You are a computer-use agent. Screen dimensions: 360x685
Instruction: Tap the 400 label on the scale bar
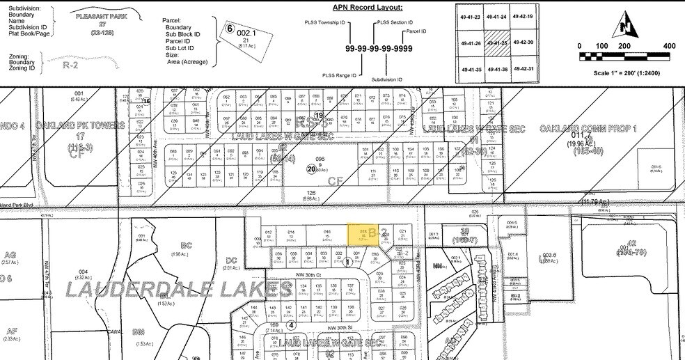[670, 46]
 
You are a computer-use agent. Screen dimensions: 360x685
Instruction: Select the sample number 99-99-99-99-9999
[379, 49]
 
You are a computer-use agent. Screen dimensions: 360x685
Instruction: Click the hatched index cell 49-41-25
[496, 43]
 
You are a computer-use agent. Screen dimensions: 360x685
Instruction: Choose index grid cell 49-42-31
[521, 70]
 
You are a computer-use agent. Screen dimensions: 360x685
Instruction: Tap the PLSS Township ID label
[324, 22]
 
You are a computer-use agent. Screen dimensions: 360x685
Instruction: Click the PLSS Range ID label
[340, 75]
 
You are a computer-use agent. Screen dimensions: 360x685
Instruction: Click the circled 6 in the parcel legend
[229, 29]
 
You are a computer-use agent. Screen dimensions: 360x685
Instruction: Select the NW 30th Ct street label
[311, 275]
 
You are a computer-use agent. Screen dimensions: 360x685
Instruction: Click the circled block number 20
[311, 168]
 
